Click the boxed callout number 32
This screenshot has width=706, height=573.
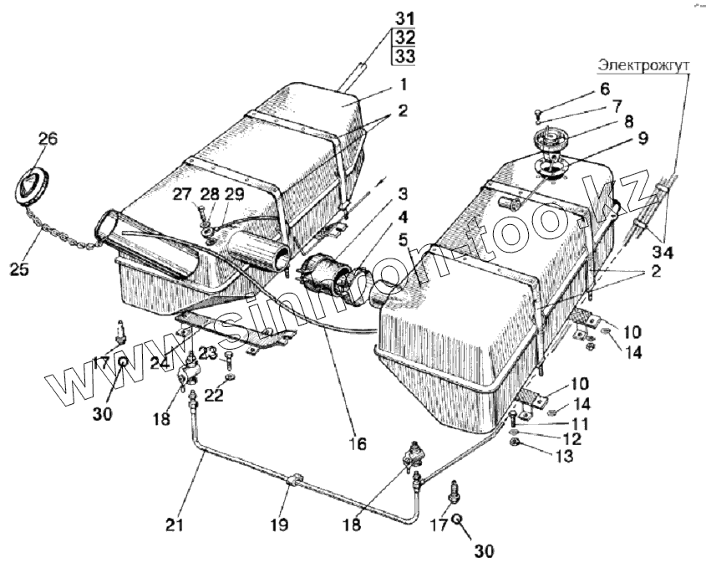[404, 38]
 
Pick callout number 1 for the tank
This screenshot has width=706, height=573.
[403, 84]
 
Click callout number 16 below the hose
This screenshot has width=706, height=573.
[358, 444]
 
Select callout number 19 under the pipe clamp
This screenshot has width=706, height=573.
[279, 525]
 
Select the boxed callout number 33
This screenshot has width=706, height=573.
[404, 57]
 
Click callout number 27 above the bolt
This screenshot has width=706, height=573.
[182, 194]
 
